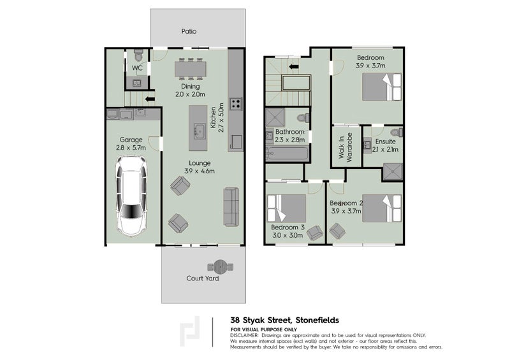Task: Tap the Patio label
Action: pos(188,31)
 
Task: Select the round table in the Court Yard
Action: pos(221,265)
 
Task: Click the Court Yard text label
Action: pos(200,278)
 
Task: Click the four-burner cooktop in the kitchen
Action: pos(235,103)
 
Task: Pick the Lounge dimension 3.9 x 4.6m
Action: pos(200,171)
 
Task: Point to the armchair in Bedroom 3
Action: pos(315,234)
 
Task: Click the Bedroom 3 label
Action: pos(288,227)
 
